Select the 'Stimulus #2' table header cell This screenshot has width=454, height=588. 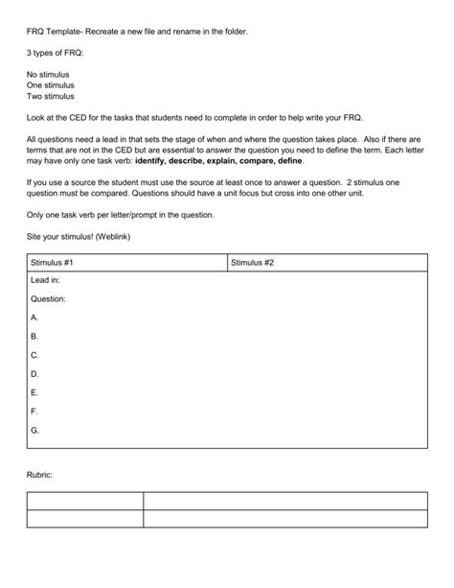[252, 262]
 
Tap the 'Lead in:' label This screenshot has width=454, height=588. [45, 280]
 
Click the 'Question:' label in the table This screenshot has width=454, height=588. [48, 298]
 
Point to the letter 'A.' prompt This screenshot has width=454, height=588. [35, 317]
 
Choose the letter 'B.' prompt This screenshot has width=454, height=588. [35, 336]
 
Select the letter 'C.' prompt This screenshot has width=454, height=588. [35, 355]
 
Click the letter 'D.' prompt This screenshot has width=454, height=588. [35, 373]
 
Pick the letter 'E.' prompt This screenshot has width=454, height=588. [35, 392]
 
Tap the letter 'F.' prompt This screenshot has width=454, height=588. [35, 411]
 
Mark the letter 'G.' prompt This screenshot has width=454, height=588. [35, 430]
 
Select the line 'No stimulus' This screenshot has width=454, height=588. [50, 74]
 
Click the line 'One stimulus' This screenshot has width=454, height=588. [51, 85]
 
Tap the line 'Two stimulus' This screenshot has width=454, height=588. [51, 96]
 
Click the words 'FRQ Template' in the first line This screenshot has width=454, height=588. [54, 32]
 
